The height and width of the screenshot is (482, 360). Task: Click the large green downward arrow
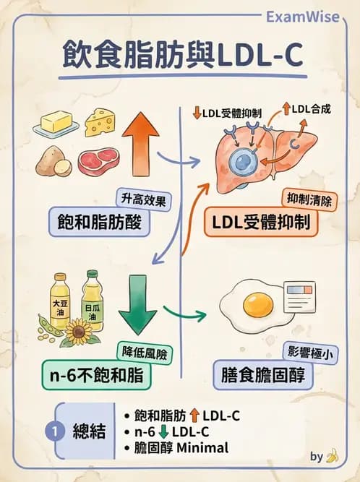(x=137, y=304)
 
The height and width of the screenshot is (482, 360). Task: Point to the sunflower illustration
(x=81, y=334)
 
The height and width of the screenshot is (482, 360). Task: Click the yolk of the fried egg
(x=257, y=305)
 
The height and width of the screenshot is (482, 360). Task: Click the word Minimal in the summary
(x=204, y=448)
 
